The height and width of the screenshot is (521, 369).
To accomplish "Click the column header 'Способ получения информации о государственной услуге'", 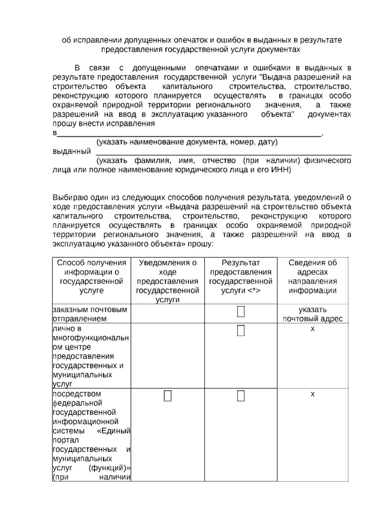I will (91, 276).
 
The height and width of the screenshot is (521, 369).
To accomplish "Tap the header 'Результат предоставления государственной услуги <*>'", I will (241, 276).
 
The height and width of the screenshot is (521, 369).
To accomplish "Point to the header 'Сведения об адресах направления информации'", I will (312, 276).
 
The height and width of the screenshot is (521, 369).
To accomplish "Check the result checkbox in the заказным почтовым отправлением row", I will (241, 311).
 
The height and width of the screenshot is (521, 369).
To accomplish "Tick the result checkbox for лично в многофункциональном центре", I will (241, 331).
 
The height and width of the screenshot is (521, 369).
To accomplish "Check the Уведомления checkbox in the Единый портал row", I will (168, 396).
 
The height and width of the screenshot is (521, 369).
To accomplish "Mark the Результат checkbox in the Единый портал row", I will (241, 396).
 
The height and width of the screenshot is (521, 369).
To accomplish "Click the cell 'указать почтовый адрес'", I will (312, 314).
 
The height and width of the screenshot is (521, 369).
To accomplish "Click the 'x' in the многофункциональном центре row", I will (312, 329).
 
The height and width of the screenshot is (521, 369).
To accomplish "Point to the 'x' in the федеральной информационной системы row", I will (312, 394).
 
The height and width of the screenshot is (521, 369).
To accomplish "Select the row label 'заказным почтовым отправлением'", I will (90, 314).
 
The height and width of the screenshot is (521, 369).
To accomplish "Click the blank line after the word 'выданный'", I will (223, 152).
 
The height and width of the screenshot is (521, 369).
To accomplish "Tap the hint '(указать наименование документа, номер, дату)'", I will (187, 142).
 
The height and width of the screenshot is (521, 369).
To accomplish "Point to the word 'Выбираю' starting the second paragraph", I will (66, 198).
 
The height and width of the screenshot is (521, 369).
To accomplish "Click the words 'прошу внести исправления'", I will (104, 124).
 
